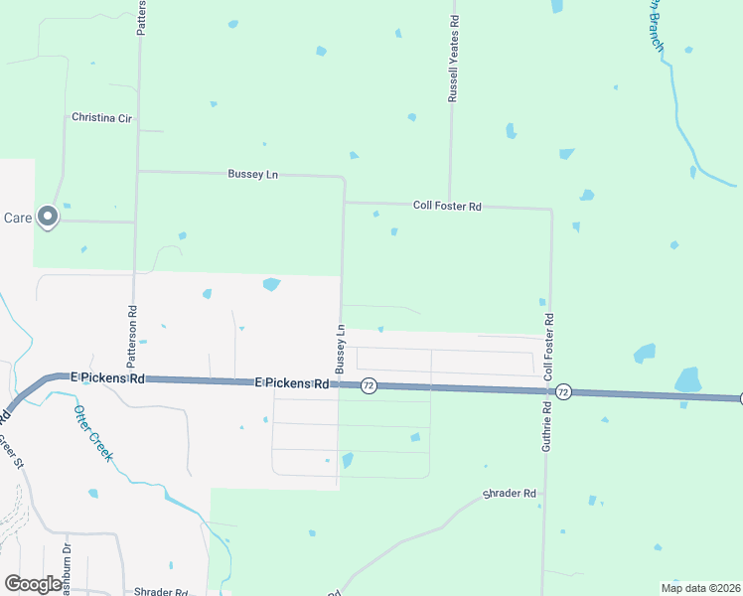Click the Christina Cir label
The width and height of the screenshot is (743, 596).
101,117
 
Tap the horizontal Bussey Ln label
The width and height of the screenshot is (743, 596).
253,174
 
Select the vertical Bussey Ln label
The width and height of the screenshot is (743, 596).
340,349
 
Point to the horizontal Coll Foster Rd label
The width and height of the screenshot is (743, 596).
447,206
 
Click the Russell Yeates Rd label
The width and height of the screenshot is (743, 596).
453,60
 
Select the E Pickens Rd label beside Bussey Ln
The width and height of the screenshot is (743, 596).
291,382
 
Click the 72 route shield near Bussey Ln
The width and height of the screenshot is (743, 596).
368,385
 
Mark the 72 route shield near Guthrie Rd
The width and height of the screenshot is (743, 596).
563,391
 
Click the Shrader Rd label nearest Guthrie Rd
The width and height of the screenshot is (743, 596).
509,494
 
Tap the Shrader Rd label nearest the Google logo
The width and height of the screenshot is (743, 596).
161,592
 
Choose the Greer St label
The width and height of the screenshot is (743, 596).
9,451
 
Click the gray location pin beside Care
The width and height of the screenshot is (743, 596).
48,217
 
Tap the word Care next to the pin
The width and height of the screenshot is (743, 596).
18,218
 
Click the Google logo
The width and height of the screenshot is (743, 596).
33,583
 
